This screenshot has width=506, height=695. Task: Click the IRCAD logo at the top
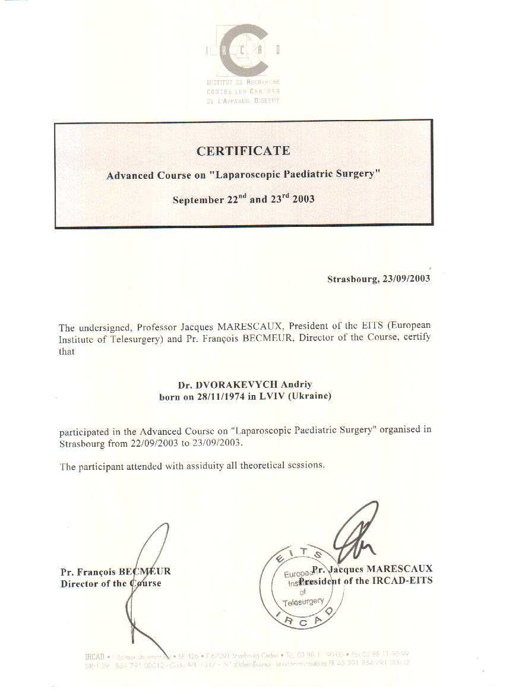(243, 51)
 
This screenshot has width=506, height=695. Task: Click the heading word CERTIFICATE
(243, 151)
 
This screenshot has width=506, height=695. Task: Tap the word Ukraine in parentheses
(309, 396)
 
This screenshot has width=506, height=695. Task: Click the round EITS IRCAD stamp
(303, 585)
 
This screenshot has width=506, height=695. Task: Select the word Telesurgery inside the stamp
(303, 602)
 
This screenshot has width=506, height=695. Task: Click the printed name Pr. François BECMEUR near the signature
(115, 571)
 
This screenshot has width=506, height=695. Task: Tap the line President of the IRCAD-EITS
(366, 581)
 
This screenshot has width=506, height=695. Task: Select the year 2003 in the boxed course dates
(303, 200)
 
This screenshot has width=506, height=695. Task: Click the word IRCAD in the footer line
(95, 656)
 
